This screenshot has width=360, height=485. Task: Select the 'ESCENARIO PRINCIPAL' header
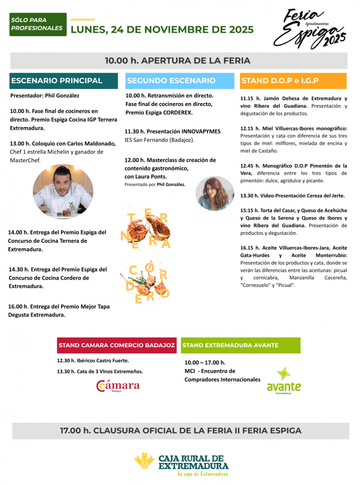click(63, 81)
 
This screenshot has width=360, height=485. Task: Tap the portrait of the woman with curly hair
click(215, 193)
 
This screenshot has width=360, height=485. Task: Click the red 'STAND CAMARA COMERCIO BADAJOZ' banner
click(117, 345)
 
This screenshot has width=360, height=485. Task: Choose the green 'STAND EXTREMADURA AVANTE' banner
click(240, 345)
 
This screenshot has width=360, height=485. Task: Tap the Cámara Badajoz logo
click(118, 386)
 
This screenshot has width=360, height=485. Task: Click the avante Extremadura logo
click(284, 381)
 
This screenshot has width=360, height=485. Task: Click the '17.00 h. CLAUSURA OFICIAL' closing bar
click(180, 431)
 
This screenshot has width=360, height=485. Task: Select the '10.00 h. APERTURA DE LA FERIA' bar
click(178, 61)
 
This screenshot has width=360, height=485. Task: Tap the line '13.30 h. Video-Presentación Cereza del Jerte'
click(292, 195)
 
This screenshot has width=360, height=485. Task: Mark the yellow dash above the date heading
click(82, 20)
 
